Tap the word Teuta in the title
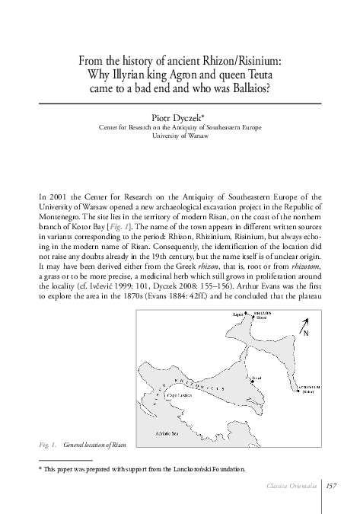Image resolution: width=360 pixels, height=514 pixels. click(255, 75)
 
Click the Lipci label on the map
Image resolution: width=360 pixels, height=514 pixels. click(237, 313)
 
